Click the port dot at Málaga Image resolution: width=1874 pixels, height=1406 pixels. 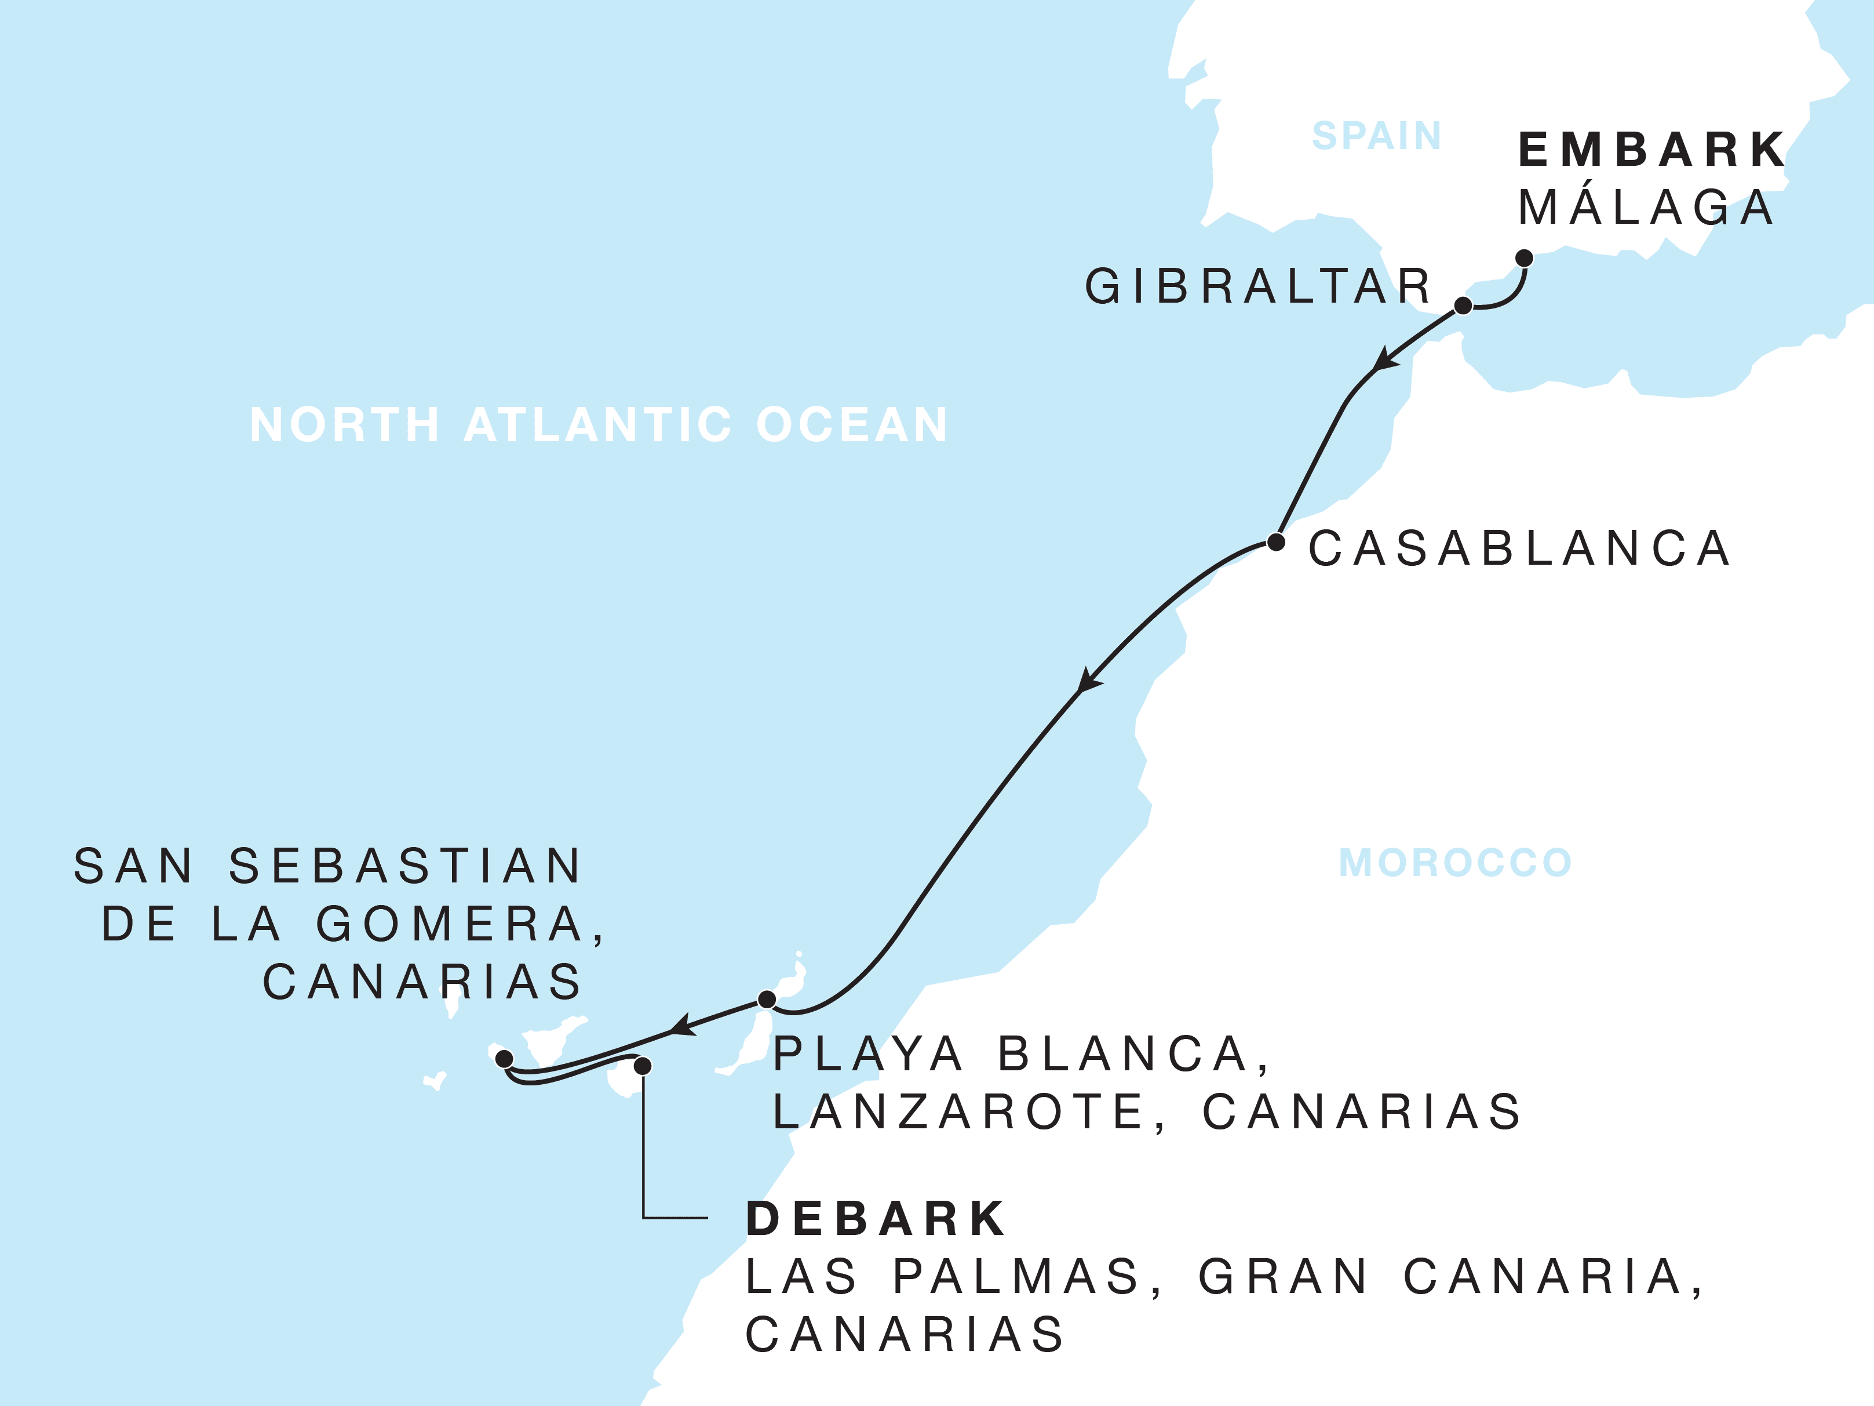[1524, 257]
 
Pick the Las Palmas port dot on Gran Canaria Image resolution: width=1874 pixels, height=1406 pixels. [643, 1065]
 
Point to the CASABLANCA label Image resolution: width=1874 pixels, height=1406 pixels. [1519, 548]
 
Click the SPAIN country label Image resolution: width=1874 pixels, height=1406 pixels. [1377, 136]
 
